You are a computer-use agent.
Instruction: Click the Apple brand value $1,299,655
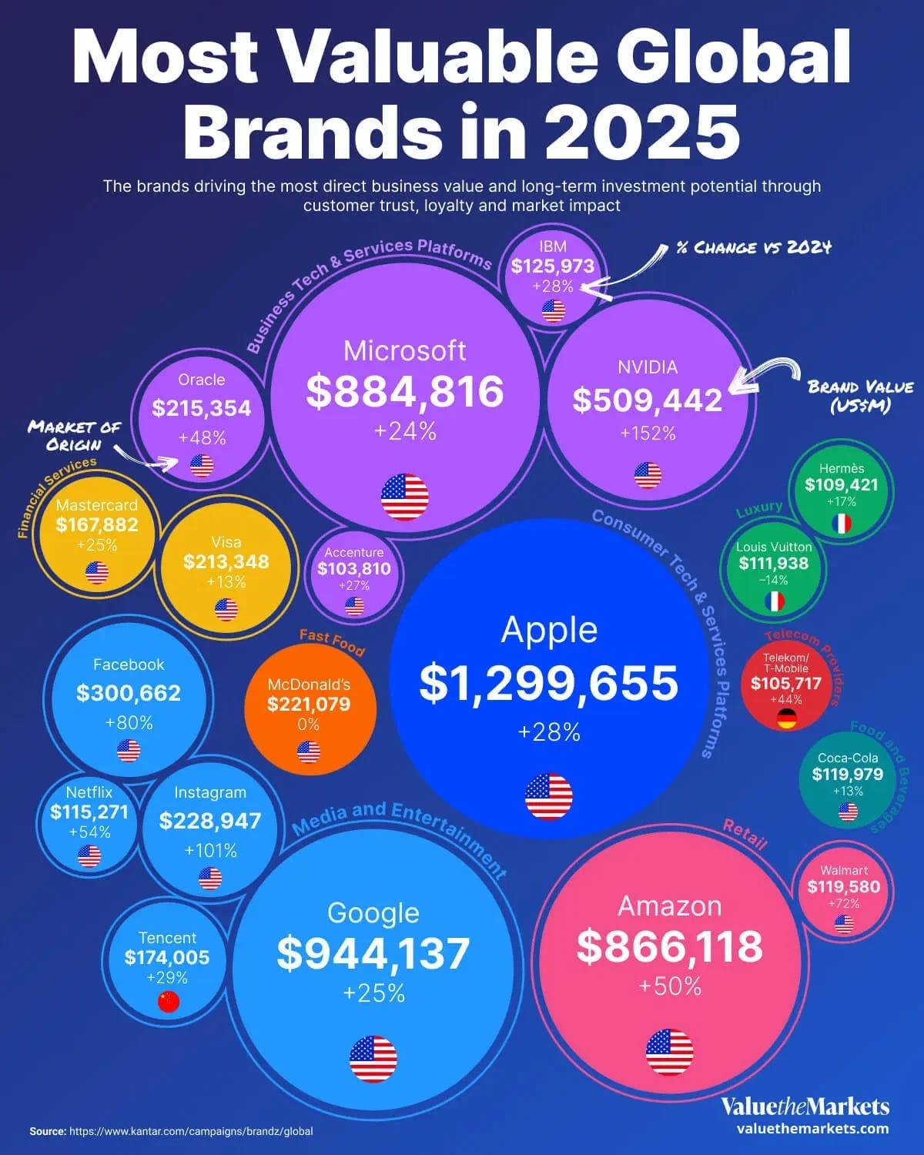point(549,682)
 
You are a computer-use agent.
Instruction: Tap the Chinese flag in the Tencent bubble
point(168,1001)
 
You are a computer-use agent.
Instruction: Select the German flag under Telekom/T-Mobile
point(786,719)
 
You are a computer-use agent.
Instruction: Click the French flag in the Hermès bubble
point(842,524)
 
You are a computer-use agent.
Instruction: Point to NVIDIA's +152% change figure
point(648,434)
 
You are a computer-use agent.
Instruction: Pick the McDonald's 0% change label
point(308,725)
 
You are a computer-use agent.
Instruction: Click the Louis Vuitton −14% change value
point(773,581)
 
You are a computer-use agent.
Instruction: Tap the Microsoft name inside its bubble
point(404,351)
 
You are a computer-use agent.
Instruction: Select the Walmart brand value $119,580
point(843,887)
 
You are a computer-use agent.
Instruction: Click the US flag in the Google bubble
point(373,1059)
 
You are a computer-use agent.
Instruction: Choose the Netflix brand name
point(89,792)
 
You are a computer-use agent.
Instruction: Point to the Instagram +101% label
point(210,851)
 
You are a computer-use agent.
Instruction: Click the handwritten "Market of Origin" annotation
point(73,436)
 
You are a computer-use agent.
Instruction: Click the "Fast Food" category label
point(331,642)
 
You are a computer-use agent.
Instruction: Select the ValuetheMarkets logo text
point(805,1107)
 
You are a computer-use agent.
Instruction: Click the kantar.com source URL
point(191,1132)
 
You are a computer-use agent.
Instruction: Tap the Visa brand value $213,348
point(226,561)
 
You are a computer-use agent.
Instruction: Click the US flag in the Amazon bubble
point(669,1052)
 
